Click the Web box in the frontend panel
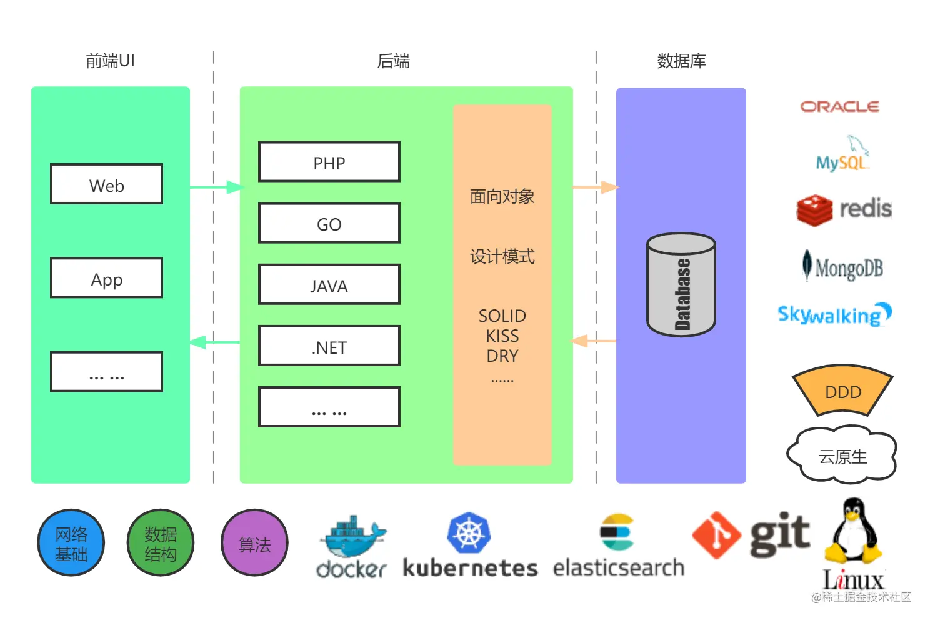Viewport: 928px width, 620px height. (106, 184)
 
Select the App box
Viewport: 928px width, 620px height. (106, 278)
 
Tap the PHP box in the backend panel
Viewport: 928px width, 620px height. (329, 162)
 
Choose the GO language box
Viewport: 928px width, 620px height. (329, 223)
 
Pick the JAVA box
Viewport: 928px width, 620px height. (329, 285)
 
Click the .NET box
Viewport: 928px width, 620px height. (329, 346)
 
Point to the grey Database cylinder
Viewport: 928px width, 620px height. (681, 285)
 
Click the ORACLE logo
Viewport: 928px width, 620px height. (840, 107)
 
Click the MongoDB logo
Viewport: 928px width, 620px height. (843, 267)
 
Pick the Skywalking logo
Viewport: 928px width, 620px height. (834, 314)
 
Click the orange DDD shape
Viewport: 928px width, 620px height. (842, 391)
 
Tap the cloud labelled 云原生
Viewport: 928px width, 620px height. (842, 456)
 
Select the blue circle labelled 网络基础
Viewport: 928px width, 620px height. (71, 543)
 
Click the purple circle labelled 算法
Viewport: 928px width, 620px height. (255, 543)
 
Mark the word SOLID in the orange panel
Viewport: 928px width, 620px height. (502, 316)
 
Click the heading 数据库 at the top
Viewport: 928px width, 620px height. (681, 61)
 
